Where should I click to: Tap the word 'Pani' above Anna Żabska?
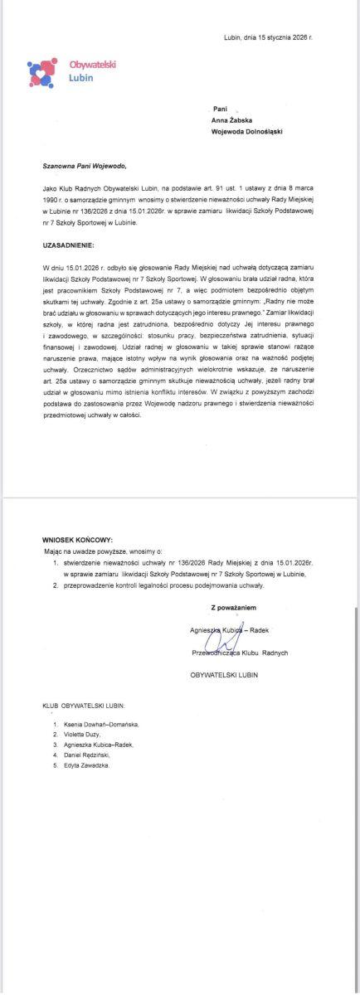coord(220,109)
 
